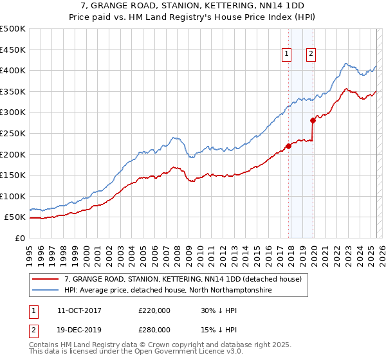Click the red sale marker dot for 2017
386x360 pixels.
(x=288, y=146)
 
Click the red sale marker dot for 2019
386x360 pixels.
(x=313, y=120)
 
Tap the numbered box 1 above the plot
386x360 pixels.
(x=286, y=54)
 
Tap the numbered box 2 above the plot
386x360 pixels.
(x=311, y=54)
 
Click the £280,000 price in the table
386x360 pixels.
(x=154, y=329)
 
